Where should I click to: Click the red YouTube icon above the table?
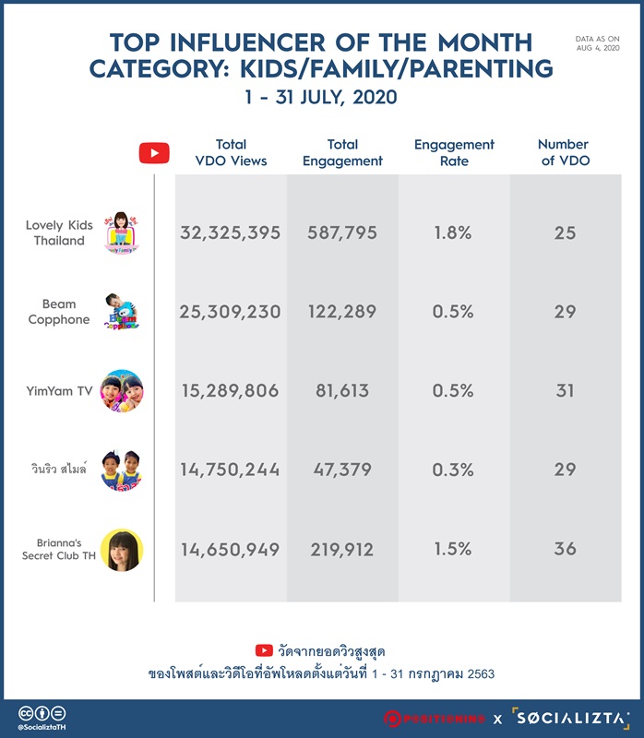(154, 153)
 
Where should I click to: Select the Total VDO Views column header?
(231, 152)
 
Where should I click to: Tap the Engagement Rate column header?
(454, 152)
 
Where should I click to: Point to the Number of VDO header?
(565, 152)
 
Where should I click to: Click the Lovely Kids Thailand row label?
(59, 232)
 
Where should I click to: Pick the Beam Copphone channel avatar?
(122, 311)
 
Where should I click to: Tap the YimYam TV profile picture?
(122, 390)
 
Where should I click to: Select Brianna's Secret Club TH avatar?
(122, 550)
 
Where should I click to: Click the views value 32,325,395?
(231, 232)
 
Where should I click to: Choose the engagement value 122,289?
(342, 312)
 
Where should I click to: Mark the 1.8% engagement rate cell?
(453, 232)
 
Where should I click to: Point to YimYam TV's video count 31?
(565, 390)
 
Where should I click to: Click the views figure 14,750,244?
(231, 470)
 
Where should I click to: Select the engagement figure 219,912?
(341, 549)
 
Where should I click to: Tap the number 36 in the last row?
(565, 549)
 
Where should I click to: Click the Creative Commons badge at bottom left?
(42, 713)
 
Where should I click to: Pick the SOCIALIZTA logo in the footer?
(571, 718)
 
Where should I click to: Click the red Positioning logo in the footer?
(434, 719)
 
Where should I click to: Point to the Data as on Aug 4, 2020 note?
(597, 43)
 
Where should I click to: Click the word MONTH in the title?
(485, 42)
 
